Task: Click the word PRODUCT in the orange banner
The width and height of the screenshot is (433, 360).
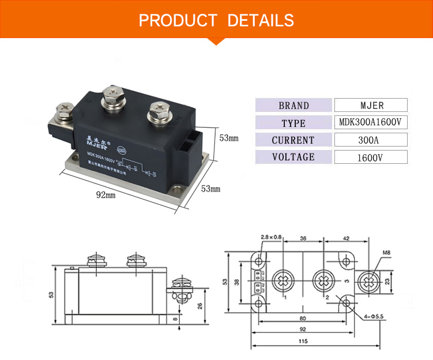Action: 178,21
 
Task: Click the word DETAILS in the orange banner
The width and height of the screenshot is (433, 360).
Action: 261,21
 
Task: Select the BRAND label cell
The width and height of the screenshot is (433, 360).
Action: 293,106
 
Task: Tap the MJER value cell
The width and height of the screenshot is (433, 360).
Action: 371,106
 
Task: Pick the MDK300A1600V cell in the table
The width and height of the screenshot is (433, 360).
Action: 371,123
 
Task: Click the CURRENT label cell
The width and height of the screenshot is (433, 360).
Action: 293,140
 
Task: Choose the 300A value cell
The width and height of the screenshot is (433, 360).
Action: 371,140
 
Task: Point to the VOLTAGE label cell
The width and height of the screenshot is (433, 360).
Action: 293,157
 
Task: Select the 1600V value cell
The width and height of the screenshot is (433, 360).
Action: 371,157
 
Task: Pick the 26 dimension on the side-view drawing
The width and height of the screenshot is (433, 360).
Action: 200,306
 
